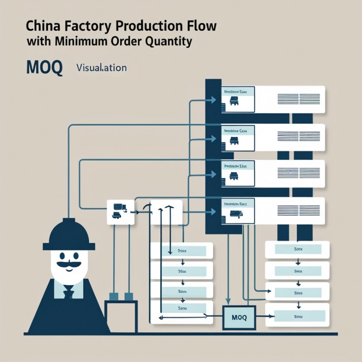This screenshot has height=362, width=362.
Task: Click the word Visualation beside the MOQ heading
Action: point(101,68)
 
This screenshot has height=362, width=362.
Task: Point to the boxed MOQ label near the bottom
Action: point(239,317)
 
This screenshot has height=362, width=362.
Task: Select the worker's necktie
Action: point(68,293)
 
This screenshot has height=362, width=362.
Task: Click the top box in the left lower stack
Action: point(182,251)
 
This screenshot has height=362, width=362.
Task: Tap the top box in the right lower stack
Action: point(297,249)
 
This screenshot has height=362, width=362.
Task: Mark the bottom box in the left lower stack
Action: point(182,308)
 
